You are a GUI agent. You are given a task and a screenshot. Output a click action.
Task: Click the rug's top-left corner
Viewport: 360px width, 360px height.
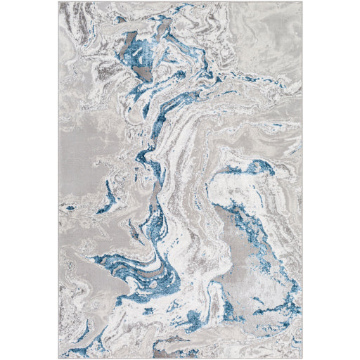pyautogui.click(x=59, y=2)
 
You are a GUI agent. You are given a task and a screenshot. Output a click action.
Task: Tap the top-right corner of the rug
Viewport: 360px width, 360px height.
pyautogui.click(x=302, y=2)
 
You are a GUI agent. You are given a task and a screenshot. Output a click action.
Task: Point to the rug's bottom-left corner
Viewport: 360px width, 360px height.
pyautogui.click(x=59, y=358)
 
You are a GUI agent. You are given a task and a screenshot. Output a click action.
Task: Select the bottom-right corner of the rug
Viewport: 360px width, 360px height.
pyautogui.click(x=302, y=358)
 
